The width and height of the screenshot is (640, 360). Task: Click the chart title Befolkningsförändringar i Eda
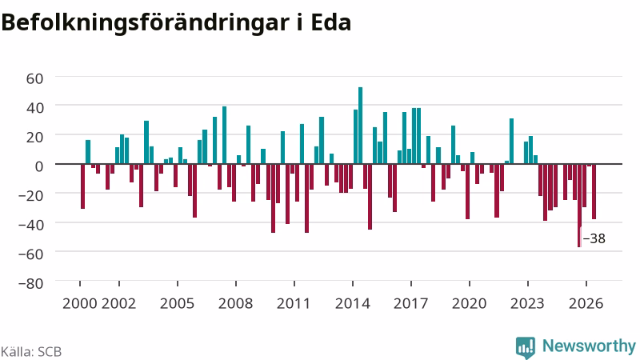click(176, 22)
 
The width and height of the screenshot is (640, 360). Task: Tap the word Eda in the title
click(330, 22)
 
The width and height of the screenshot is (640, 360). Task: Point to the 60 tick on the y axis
click(34, 78)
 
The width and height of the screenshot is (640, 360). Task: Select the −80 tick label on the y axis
click(30, 283)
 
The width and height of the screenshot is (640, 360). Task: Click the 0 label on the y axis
click(39, 166)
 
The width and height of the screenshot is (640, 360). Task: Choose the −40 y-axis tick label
click(30, 225)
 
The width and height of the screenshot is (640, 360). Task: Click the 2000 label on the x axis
click(79, 304)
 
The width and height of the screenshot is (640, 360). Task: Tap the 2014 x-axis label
click(353, 304)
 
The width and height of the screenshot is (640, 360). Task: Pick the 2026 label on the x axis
click(586, 304)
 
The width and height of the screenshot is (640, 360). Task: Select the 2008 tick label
click(235, 304)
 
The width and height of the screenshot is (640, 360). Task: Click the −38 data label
click(594, 238)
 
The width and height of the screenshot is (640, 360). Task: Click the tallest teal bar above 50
click(361, 126)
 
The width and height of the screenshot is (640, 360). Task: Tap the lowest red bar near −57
click(579, 206)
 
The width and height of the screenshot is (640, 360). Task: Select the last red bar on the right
click(594, 191)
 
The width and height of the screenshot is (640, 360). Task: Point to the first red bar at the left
click(83, 186)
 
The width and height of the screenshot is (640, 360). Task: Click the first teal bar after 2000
click(88, 152)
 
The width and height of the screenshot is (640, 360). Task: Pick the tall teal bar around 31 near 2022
click(511, 142)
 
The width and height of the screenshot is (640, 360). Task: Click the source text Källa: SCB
click(31, 351)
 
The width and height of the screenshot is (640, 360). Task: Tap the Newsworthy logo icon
click(526, 348)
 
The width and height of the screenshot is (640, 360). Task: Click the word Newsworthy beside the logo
click(589, 346)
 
